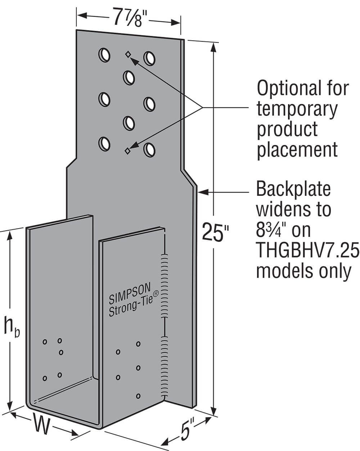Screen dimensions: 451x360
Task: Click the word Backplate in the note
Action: click(293, 190)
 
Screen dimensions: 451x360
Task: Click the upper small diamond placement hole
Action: click(128, 54)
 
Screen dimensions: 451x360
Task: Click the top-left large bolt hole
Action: click(104, 55)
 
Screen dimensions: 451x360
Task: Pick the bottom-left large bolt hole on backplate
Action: click(104, 143)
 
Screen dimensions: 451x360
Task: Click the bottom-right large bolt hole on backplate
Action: click(149, 149)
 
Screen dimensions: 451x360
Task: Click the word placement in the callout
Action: click(297, 149)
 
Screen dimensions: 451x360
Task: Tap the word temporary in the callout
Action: click(297, 109)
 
